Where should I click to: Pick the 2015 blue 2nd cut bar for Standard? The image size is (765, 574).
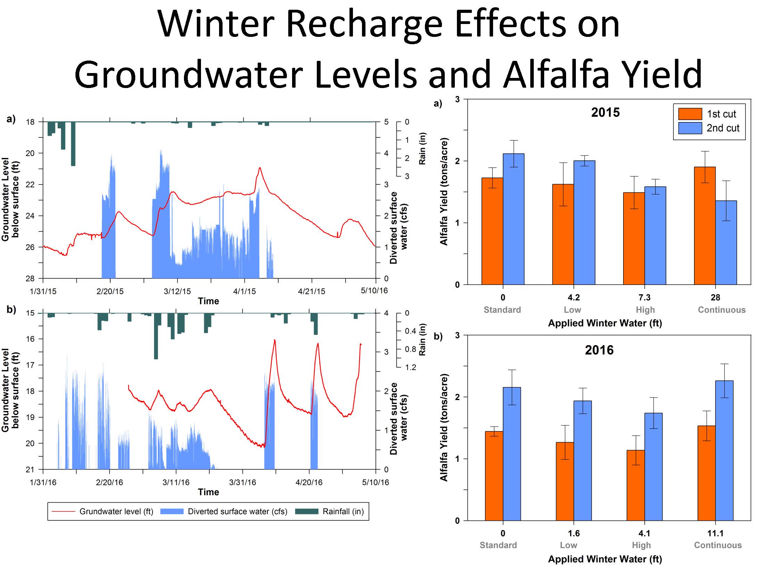(514, 219)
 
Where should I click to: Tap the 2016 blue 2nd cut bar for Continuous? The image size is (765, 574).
(724, 451)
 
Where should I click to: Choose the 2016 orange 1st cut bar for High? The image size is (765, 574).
(635, 485)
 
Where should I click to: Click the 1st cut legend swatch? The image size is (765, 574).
(690, 114)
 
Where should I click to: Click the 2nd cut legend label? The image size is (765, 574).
(723, 128)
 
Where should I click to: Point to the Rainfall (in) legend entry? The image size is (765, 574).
(343, 511)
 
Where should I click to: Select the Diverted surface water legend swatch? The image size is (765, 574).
(172, 511)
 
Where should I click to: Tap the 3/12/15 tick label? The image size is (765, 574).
(177, 291)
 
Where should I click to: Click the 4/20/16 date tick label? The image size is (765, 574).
(309, 482)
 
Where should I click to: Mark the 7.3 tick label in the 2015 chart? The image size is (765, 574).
(644, 297)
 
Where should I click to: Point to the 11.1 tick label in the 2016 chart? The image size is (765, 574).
(715, 533)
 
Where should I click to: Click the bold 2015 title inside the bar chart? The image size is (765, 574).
(605, 112)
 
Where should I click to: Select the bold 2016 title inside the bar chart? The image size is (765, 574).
(599, 350)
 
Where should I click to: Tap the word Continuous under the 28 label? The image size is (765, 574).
(722, 310)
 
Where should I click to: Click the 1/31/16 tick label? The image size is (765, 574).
(43, 482)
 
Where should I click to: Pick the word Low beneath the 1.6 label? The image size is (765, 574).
(569, 545)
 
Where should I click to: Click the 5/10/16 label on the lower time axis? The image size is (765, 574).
(376, 482)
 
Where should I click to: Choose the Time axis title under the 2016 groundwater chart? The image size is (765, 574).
(208, 492)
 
